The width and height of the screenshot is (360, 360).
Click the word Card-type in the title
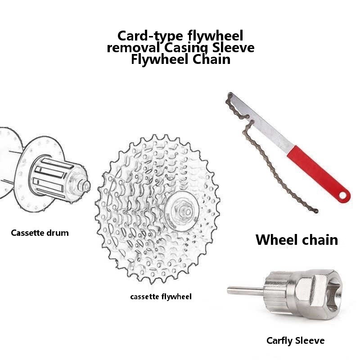pos(150,36)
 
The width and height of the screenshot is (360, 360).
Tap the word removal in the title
pos(133,48)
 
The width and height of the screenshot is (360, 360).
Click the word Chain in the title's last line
pos(211,59)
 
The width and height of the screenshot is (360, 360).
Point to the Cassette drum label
pos(40,233)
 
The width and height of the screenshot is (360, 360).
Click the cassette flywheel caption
pos(161,297)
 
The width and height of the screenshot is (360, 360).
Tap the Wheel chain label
pos(297,240)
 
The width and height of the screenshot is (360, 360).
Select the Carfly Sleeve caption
pos(296,341)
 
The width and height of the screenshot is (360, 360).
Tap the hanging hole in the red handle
pos(343,195)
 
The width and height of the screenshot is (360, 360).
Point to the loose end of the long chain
pos(316,211)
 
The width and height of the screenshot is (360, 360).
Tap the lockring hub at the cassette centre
pos(181,211)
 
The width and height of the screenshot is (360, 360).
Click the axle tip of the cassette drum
pos(86,186)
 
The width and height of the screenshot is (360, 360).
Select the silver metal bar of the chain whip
pos(262,121)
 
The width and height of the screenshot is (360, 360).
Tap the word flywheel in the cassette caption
pos(176,297)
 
